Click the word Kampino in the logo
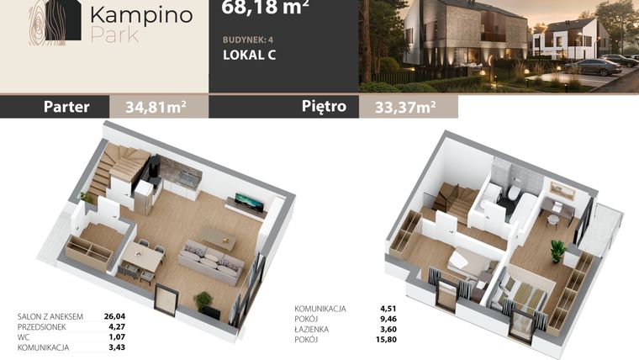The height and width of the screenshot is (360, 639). coord(141,15)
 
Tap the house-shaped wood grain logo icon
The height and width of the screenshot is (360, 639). coord(55,20)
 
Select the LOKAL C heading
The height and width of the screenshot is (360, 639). coord(250,55)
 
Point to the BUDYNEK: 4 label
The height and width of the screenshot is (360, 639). coord(248,40)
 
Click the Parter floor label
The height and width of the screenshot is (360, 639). coord(66,107)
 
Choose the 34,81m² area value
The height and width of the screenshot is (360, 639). coord(156,107)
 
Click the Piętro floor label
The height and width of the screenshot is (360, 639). coord(324,106)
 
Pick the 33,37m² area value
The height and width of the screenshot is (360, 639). coord(405,107)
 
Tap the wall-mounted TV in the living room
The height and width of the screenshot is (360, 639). coord(250,200)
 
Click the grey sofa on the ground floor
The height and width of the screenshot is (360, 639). coord(211,262)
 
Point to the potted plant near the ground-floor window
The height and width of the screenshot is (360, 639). coord(203,301)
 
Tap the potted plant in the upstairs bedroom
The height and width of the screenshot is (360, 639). coord(558,250)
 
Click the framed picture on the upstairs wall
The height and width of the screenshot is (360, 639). coord(562,189)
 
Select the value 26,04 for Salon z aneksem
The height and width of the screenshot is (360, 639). coord(114,316)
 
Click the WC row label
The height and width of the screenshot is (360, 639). coord(24,337)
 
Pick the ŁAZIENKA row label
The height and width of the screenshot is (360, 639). coord(312,329)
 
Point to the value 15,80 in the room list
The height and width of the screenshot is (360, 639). coord(386,339)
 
